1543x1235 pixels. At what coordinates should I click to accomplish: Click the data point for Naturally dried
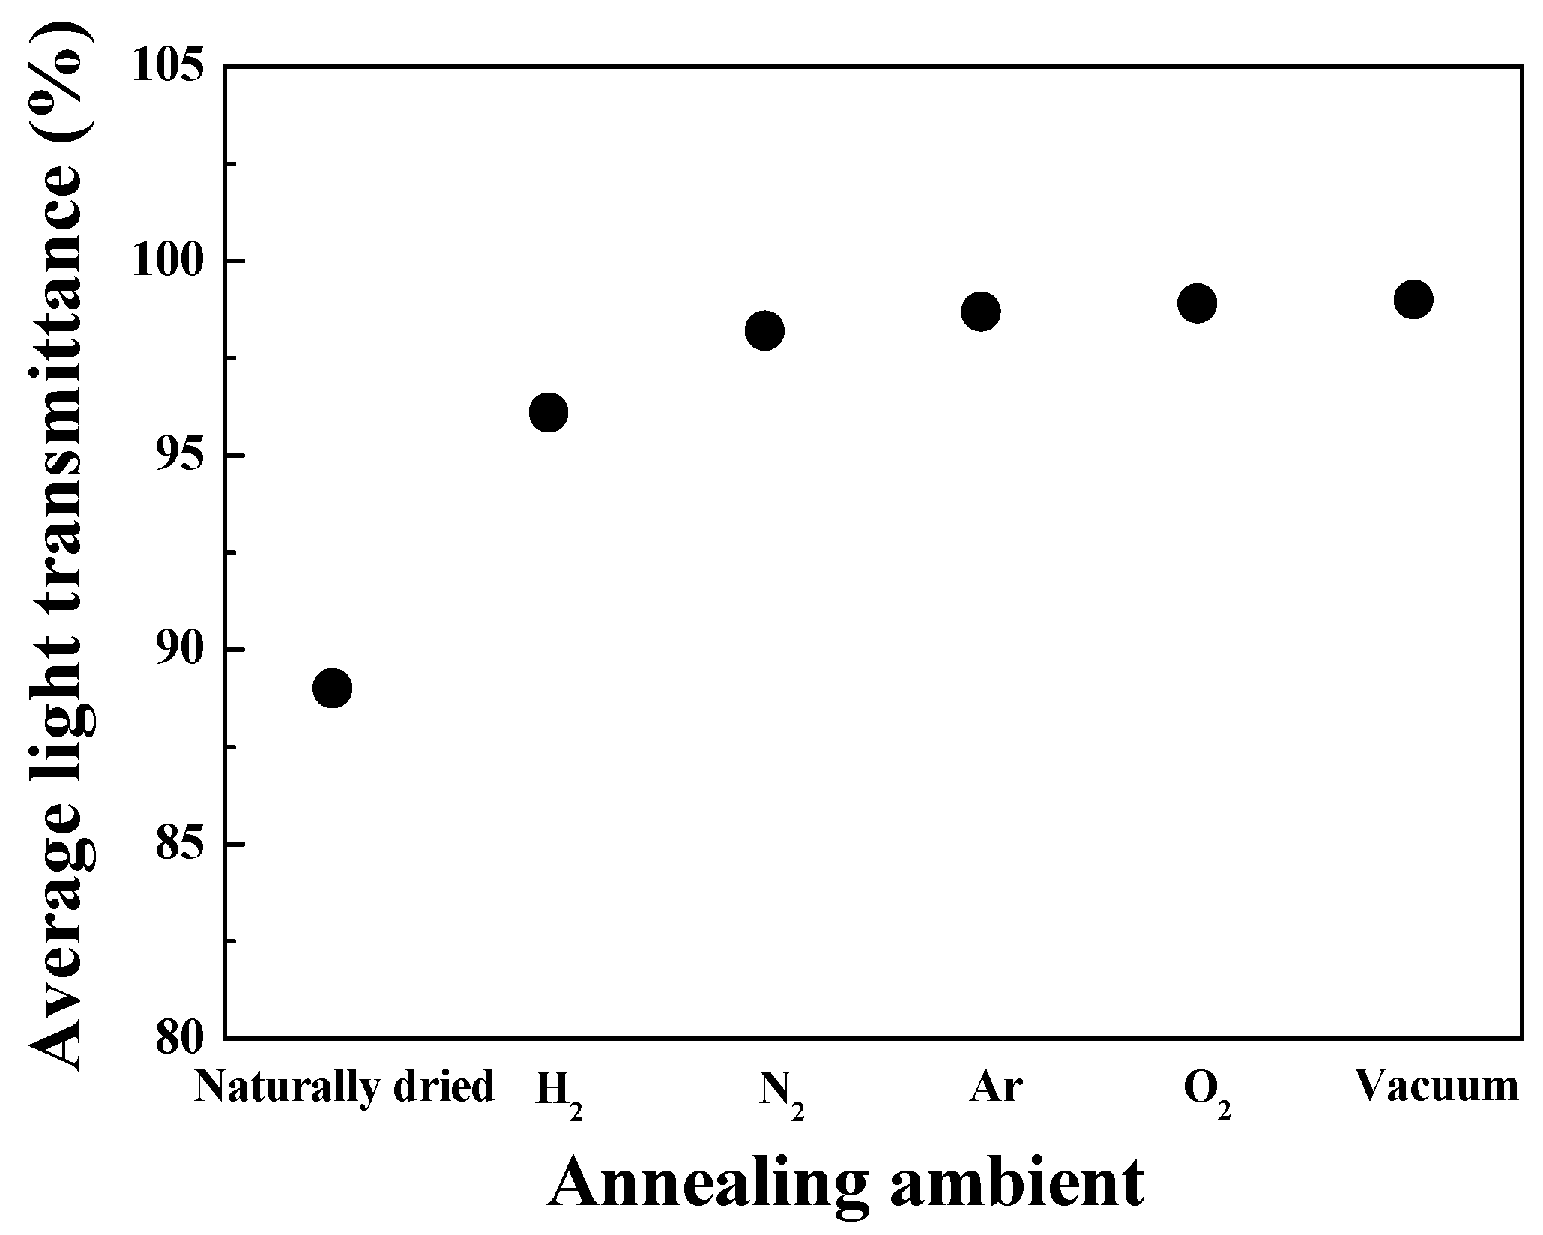click(x=332, y=688)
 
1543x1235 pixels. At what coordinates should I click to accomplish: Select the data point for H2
click(x=548, y=412)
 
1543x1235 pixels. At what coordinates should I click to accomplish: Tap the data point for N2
click(x=764, y=330)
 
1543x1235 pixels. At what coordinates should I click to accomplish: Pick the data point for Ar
click(x=980, y=311)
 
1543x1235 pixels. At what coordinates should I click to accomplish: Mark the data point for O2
click(x=1197, y=304)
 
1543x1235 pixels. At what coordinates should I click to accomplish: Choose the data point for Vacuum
click(x=1413, y=300)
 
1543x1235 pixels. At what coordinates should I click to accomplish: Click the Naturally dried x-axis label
click(x=344, y=1087)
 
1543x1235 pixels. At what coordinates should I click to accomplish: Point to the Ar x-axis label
click(x=995, y=1087)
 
